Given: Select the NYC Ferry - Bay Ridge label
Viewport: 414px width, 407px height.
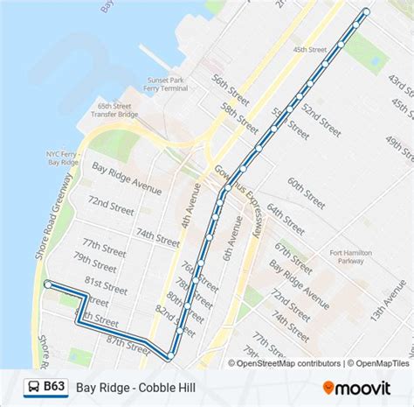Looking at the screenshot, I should [x=64, y=157].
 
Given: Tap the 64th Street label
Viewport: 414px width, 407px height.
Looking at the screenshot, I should [x=286, y=217].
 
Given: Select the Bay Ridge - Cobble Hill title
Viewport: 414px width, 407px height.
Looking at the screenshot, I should [x=135, y=387].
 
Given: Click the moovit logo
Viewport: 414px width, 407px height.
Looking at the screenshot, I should [x=360, y=386].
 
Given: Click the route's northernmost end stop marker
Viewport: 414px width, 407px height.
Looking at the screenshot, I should [x=365, y=11].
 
